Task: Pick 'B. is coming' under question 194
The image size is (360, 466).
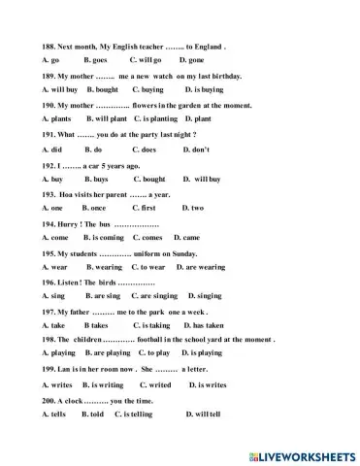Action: click(x=104, y=238)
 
